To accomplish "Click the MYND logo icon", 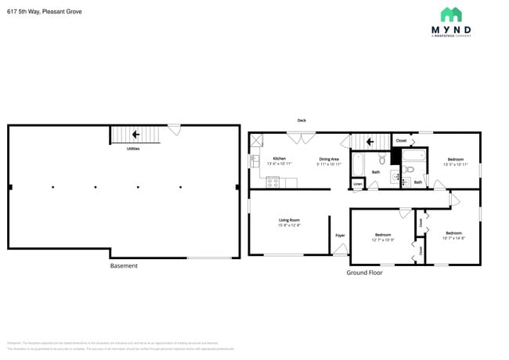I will point(451,14).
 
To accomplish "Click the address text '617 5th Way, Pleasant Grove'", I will point(44,12).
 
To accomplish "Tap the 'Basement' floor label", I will point(124,266).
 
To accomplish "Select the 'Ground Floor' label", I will point(364,272).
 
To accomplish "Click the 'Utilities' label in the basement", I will point(133,148).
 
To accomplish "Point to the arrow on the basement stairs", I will point(135,135).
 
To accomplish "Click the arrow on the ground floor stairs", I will point(365,141).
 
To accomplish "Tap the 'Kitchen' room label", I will point(279,159).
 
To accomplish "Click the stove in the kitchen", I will point(273,182).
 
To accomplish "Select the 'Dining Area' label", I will point(328,159).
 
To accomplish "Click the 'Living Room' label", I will point(289,220).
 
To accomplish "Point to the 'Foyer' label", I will point(340,235).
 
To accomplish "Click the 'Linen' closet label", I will point(357,185).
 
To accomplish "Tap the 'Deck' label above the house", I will point(301,121).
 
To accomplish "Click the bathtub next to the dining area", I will point(358,164).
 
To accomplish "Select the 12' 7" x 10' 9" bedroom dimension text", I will point(383,239).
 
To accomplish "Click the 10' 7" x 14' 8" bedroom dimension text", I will point(454,238).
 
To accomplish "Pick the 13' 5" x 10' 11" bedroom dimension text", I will point(455,164).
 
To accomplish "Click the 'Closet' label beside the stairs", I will point(401,141).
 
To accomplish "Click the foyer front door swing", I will point(339,249).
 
